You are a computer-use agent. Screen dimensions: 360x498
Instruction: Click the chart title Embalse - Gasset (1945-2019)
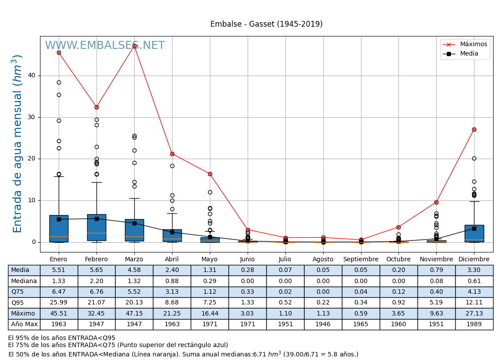[266, 24]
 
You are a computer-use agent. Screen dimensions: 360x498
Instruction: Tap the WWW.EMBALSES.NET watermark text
[105, 46]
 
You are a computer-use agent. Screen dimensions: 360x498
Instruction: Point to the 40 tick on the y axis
[31, 76]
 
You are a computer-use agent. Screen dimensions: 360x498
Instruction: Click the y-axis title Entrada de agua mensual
[17, 144]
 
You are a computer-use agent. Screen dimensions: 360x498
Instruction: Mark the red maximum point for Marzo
[134, 46]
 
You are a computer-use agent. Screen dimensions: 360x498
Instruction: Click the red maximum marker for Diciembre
[474, 129]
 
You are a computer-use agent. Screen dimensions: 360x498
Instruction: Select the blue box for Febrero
[96, 227]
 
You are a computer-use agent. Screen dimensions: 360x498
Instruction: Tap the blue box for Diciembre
[474, 233]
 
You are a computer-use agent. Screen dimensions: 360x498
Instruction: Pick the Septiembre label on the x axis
[361, 260]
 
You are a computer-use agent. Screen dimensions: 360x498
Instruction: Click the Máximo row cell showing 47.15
[134, 313]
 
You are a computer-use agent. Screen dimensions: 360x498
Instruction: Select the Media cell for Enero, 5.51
[59, 270]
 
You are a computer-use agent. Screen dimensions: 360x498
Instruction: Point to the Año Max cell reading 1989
[474, 324]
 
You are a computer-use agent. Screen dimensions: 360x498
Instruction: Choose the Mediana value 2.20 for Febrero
[96, 281]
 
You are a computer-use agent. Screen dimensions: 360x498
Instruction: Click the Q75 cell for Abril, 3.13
[172, 292]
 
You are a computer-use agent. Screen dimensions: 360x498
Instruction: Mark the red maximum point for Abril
[172, 154]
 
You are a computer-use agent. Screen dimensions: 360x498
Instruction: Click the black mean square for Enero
[59, 219]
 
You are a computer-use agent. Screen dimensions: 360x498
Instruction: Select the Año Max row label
[24, 324]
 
